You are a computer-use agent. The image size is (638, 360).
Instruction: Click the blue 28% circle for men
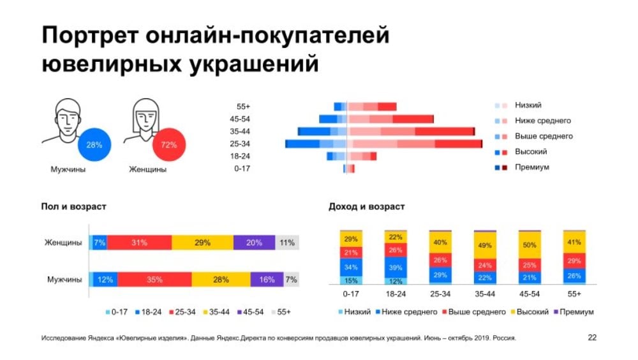click(x=94, y=146)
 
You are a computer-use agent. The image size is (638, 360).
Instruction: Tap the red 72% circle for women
click(x=169, y=146)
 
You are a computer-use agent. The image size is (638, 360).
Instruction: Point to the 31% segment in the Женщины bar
click(x=139, y=243)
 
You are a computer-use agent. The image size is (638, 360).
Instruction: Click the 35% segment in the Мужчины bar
click(x=154, y=280)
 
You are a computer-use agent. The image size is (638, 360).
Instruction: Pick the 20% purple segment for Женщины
click(x=254, y=243)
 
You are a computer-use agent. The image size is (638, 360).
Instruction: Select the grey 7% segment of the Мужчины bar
click(x=291, y=280)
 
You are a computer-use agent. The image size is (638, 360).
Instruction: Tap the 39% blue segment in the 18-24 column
click(x=396, y=267)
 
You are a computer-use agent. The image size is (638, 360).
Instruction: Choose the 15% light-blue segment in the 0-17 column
click(x=351, y=280)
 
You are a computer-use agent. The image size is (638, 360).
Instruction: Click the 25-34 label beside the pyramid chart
click(x=241, y=144)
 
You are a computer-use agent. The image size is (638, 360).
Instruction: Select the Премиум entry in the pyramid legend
click(x=531, y=167)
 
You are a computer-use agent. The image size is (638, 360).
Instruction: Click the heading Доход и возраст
click(x=366, y=207)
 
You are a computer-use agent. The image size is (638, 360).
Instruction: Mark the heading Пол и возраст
click(x=74, y=207)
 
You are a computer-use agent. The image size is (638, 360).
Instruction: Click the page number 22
click(x=592, y=338)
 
